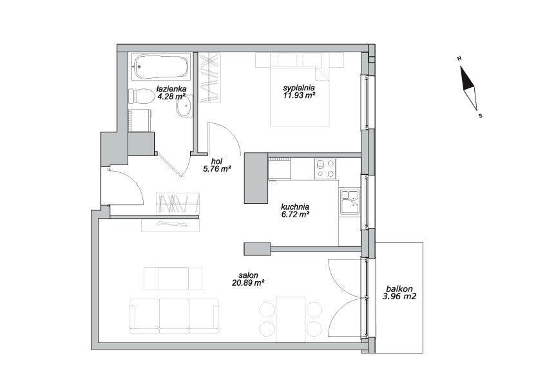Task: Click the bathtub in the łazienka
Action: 162,66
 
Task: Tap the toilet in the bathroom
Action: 141,96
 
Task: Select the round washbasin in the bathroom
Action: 184,106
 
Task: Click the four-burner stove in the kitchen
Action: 325,169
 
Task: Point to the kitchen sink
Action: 350,203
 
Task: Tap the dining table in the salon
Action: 291,319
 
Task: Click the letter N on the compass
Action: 459,58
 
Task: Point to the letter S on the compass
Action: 481,116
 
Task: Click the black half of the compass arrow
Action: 466,78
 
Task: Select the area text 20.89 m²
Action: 247,283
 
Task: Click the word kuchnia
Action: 295,207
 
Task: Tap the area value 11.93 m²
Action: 300,95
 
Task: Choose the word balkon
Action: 399,289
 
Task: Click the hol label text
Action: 217,161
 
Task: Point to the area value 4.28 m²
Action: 171,96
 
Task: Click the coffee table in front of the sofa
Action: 173,279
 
